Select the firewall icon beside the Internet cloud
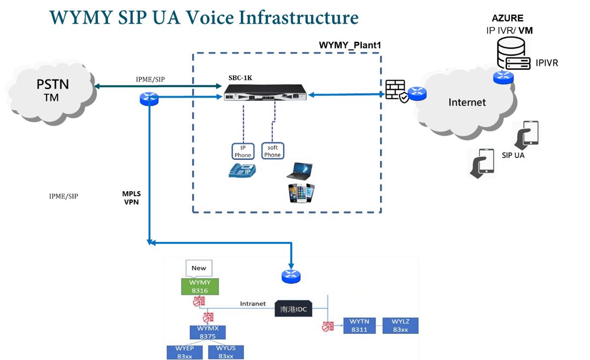396,91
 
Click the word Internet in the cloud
467,102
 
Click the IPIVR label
547,64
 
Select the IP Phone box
242,151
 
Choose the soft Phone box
272,151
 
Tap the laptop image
299,170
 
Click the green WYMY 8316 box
200,287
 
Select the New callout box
199,268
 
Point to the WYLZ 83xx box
400,326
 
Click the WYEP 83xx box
184,352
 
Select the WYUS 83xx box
226,352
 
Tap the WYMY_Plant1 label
351,45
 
